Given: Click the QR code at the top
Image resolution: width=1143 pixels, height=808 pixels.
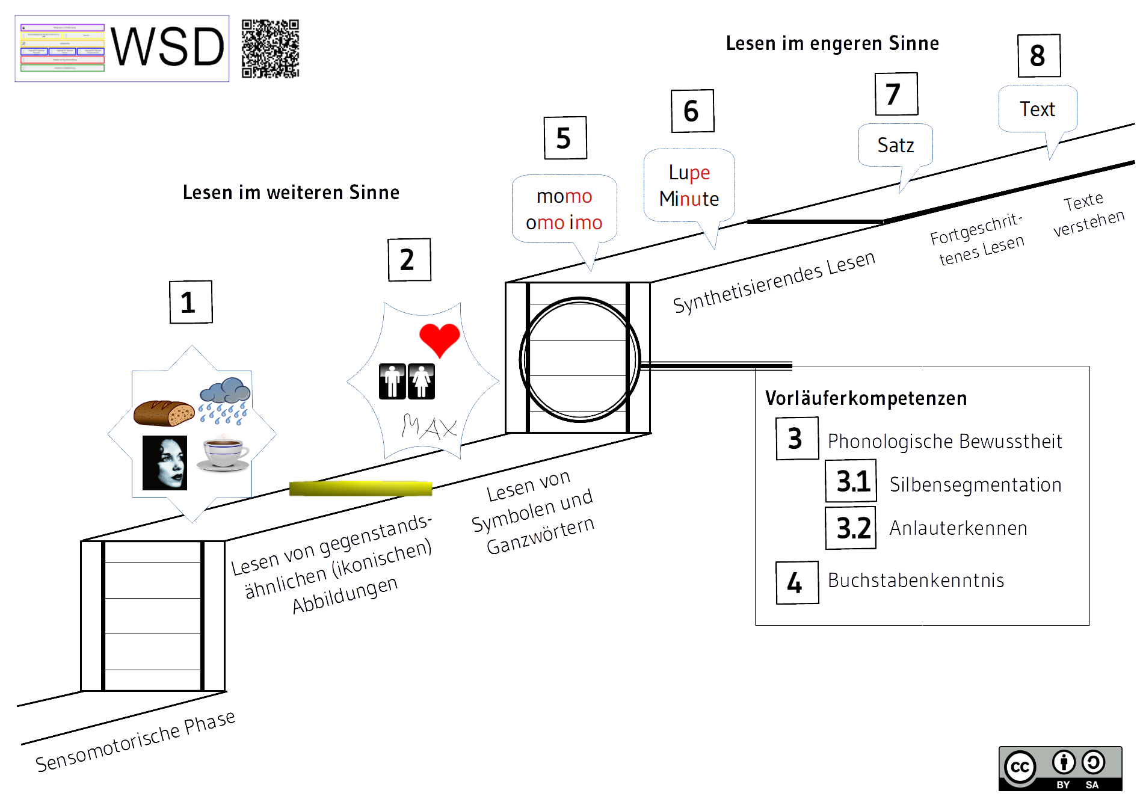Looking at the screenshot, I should pyautogui.click(x=270, y=49).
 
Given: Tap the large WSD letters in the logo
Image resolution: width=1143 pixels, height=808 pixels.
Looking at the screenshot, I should pyautogui.click(x=168, y=48).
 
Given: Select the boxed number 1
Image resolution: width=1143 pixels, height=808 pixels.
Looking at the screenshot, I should pyautogui.click(x=191, y=302).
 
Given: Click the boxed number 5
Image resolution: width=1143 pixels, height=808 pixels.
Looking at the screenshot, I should pyautogui.click(x=565, y=138).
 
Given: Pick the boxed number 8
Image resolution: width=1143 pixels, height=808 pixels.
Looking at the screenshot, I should pyautogui.click(x=1038, y=56).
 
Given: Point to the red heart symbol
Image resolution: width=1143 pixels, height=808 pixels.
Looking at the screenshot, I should pyautogui.click(x=439, y=339).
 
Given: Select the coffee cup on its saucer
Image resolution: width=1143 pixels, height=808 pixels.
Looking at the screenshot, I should pyautogui.click(x=223, y=454).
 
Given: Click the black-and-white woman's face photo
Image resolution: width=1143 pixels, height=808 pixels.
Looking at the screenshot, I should pyautogui.click(x=165, y=463).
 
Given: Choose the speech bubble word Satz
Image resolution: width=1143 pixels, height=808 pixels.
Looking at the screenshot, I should pyautogui.click(x=895, y=146).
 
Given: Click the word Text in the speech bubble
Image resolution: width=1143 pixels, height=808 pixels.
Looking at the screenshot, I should pyautogui.click(x=1037, y=109).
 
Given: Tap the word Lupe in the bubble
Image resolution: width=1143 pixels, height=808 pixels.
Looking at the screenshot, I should pyautogui.click(x=689, y=173).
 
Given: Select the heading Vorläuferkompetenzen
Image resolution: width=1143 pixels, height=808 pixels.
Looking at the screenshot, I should pyautogui.click(x=866, y=398).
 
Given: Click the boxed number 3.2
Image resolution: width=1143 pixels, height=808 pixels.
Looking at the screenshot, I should pyautogui.click(x=851, y=528).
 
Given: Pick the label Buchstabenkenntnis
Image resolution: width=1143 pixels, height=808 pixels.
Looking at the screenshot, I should pyautogui.click(x=916, y=581).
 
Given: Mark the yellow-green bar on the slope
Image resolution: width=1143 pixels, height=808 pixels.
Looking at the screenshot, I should pyautogui.click(x=360, y=489).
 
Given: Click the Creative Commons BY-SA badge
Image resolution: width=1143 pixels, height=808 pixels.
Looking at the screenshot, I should pyautogui.click(x=1060, y=768).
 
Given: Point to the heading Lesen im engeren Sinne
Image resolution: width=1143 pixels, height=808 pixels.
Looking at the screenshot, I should pyautogui.click(x=832, y=43).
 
